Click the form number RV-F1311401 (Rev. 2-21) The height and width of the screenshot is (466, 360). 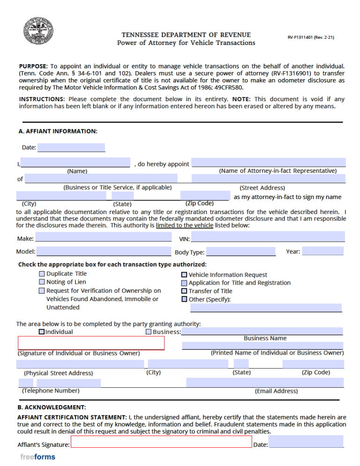click(x=311, y=37)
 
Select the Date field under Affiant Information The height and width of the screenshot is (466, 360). click(x=71, y=148)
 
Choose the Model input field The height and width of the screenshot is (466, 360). click(x=104, y=251)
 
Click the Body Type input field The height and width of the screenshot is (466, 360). click(x=241, y=251)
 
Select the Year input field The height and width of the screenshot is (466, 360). click(x=323, y=251)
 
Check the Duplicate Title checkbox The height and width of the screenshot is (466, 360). click(x=42, y=274)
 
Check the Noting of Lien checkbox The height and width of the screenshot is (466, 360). click(x=42, y=282)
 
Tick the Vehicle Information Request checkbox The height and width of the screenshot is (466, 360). click(x=184, y=275)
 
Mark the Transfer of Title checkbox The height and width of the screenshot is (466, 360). click(x=184, y=291)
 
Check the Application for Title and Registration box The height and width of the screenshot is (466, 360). click(x=184, y=283)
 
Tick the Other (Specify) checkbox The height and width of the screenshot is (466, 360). click(x=184, y=299)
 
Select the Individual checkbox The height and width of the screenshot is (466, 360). click(x=42, y=332)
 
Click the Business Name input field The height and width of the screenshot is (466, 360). click(x=262, y=331)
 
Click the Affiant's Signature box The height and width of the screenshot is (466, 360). click(x=161, y=442)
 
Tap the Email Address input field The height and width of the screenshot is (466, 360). click(x=265, y=383)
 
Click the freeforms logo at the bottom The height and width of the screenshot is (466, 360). click(x=37, y=457)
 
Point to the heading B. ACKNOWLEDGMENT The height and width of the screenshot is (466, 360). click(x=52, y=407)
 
